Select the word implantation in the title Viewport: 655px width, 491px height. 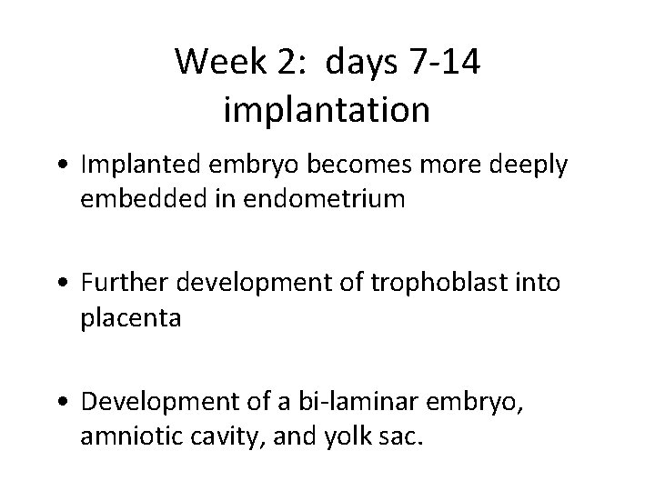tap(326, 109)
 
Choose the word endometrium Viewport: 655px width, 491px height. tap(315, 198)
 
